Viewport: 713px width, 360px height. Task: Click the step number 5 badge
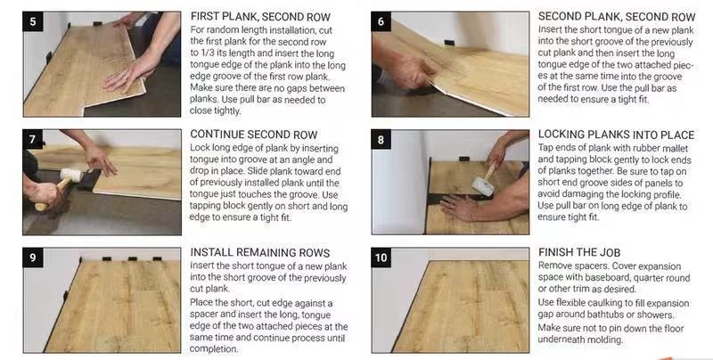33,21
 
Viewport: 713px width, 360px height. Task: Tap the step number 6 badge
381,21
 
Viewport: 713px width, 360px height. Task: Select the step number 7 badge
33,139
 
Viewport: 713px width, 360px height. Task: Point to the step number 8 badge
381,140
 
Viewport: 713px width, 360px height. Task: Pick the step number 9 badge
33,258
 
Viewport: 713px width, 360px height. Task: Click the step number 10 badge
381,258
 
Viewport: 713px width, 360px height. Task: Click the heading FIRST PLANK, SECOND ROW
260,17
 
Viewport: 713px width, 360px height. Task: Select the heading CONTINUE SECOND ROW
254,135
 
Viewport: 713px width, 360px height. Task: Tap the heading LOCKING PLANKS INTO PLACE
616,135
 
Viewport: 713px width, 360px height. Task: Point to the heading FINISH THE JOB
579,252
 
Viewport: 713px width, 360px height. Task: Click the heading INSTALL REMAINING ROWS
260,253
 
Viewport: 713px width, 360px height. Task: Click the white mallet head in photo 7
71,175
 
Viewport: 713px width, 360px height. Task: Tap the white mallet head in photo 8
482,186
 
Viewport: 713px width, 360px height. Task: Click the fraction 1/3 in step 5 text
206,53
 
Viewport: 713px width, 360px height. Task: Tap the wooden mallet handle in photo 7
51,193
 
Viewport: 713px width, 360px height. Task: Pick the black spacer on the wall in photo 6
449,43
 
